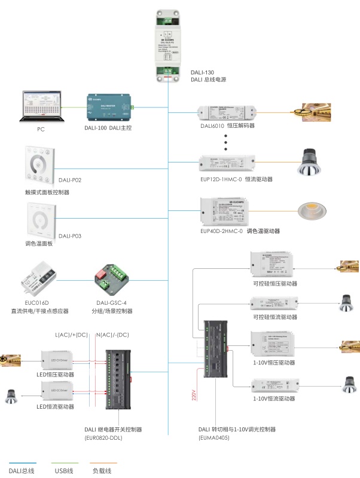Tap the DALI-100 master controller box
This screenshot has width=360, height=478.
[109, 108]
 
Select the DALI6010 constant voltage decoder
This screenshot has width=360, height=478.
[227, 112]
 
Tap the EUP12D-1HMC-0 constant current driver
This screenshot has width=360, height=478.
[227, 162]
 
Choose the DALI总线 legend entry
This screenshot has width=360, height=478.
[22, 471]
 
